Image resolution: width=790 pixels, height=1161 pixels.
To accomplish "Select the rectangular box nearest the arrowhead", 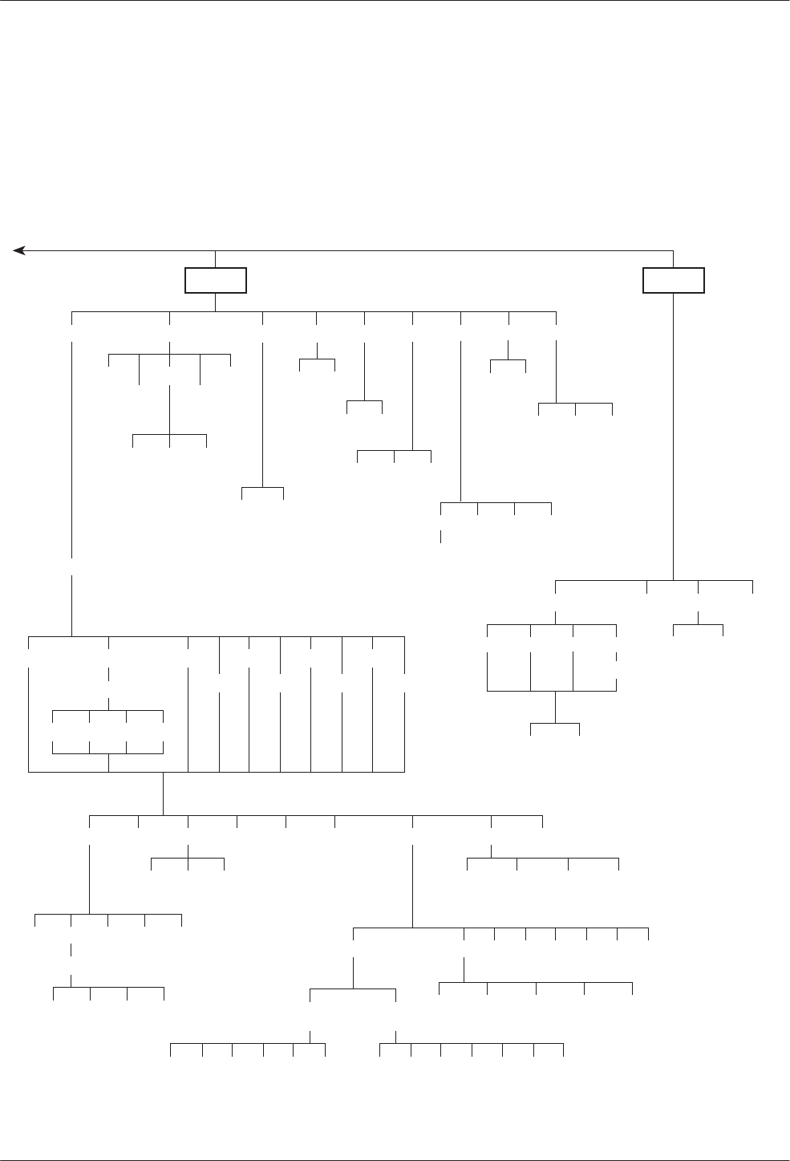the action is (216, 280).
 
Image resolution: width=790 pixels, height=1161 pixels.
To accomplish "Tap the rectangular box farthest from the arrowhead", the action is (674, 280).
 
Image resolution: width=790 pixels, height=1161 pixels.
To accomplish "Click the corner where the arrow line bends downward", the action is (674, 251).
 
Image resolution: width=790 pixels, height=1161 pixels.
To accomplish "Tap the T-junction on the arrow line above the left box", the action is (216, 251).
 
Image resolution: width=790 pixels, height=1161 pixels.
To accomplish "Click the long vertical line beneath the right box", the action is (674, 433).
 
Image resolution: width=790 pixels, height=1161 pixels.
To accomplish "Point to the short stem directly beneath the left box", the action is (216, 302).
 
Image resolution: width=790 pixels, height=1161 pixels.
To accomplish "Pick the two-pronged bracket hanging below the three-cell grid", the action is (555, 724).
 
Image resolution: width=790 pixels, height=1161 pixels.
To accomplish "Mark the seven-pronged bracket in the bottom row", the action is (472, 1044).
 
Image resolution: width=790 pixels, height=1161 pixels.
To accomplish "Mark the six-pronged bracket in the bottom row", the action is (248, 1044).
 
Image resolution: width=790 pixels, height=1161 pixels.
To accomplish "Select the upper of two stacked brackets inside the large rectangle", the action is (107, 711).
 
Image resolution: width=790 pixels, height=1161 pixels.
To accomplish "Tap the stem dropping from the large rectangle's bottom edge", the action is (163, 793).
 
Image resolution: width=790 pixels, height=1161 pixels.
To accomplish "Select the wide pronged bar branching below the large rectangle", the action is (316, 816).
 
